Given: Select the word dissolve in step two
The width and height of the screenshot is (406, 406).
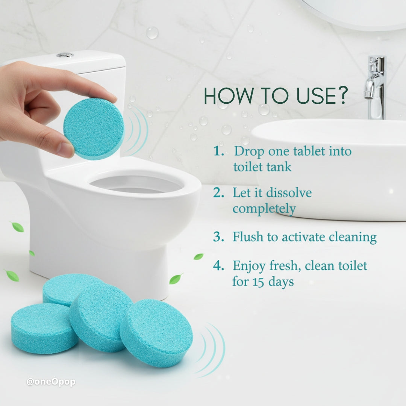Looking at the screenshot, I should [x=289, y=193].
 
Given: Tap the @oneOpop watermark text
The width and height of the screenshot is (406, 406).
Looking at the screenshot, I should [x=51, y=382].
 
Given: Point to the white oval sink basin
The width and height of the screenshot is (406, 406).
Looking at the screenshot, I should [x=331, y=169].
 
